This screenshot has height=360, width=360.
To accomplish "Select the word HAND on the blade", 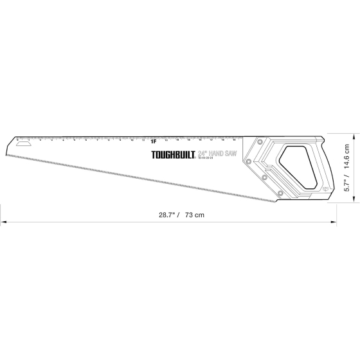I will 220,153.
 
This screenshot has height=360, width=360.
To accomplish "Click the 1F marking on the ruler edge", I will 154,141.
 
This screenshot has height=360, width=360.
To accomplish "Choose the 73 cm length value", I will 194,214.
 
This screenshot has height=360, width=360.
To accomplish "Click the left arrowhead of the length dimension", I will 3,222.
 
